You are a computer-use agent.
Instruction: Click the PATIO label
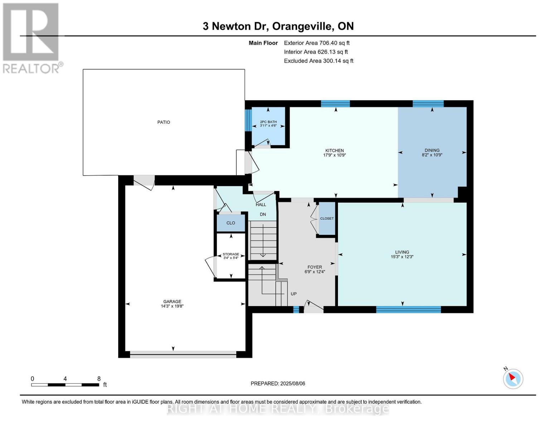pos(164,122)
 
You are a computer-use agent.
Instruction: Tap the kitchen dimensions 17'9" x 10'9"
pos(334,155)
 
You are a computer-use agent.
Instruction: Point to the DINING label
pos(432,150)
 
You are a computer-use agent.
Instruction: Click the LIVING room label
pos(402,252)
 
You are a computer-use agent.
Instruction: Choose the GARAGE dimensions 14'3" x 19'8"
pos(172,306)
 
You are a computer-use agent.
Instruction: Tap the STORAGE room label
pos(231,254)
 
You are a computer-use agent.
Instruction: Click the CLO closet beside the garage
pos(231,223)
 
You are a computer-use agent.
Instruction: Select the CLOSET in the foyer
pos(327,219)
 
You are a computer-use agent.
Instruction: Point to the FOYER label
pos(315,267)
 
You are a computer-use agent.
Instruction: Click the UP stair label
pos(294,294)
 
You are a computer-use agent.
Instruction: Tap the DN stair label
pos(263,214)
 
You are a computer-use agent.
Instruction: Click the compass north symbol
pos(513,378)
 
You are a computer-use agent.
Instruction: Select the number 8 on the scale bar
pos(99,379)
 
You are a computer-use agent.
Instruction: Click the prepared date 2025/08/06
pos(292,383)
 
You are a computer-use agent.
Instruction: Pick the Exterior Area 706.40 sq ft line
pos(316,43)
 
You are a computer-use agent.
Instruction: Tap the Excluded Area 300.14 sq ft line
pos(318,61)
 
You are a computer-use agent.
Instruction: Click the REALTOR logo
pos(32,38)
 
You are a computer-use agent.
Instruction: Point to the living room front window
pos(408,310)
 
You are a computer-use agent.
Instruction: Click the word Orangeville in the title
pos(303,26)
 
